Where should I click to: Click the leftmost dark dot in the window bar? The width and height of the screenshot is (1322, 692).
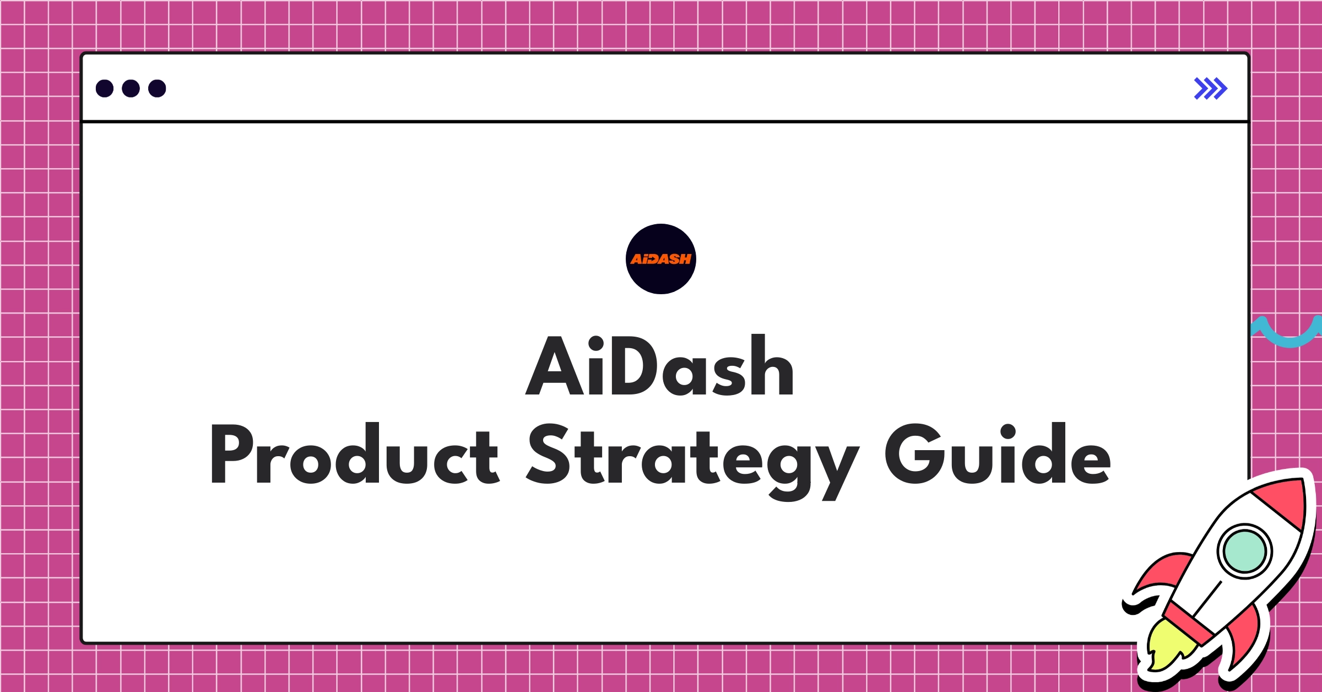coord(105,88)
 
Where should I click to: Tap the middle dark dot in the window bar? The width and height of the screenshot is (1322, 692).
coord(131,88)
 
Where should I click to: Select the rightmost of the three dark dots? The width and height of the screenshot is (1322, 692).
coord(157,88)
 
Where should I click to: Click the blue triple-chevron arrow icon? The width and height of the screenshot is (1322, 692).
coord(1210,88)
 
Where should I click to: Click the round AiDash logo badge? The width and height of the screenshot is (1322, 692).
coord(660,259)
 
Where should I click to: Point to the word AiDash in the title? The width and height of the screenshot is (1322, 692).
coord(660,366)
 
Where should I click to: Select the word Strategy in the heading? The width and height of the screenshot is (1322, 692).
coord(692,457)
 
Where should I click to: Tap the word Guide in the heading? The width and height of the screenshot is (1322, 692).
coord(998,454)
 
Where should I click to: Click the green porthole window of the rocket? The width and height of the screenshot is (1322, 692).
coord(1244,552)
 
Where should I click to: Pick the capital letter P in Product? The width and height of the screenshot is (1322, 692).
coord(231,454)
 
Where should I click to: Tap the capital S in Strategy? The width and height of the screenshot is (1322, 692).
coord(548,454)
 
